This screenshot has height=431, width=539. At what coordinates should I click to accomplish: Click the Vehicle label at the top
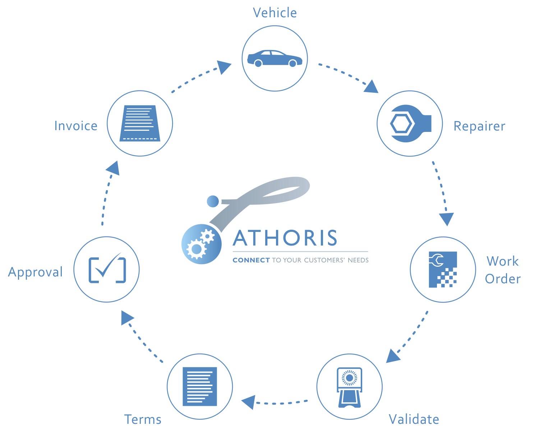click(x=275, y=13)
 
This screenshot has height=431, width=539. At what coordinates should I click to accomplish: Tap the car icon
click(x=275, y=58)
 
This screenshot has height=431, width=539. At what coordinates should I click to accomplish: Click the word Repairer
click(x=479, y=126)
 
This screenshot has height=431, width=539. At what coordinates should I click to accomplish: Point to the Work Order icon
click(x=443, y=269)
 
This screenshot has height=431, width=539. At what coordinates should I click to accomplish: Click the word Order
click(x=503, y=279)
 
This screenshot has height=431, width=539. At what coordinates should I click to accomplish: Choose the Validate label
click(x=414, y=419)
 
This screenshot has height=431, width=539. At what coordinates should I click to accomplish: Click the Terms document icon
click(x=200, y=386)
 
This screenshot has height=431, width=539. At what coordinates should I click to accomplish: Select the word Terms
click(x=143, y=419)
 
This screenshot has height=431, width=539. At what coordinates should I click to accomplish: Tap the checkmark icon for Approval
click(x=107, y=269)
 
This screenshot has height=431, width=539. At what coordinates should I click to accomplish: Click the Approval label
click(x=35, y=272)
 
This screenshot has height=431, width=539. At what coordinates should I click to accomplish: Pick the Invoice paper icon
click(x=140, y=123)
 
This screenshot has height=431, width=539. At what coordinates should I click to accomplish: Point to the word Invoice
click(x=76, y=126)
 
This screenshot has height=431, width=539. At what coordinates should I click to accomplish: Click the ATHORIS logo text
click(x=285, y=238)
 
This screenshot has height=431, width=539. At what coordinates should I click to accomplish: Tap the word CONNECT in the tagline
click(x=251, y=260)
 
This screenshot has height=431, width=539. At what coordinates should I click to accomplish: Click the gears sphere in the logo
click(x=201, y=244)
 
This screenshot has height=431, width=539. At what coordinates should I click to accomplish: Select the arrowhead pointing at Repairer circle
click(x=372, y=87)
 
